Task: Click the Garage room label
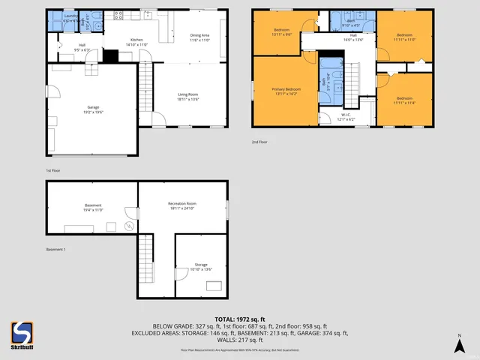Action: (x=93, y=110)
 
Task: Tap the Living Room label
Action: (x=187, y=96)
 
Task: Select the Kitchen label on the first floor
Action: (x=136, y=42)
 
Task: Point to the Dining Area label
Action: (x=199, y=37)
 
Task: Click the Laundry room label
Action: (x=70, y=17)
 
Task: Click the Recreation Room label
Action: (x=181, y=205)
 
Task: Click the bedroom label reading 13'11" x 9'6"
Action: (x=277, y=32)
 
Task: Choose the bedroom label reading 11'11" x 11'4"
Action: (x=404, y=100)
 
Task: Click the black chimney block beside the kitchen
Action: (x=110, y=55)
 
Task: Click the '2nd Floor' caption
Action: (x=259, y=141)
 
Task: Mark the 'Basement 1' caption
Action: (x=55, y=249)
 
